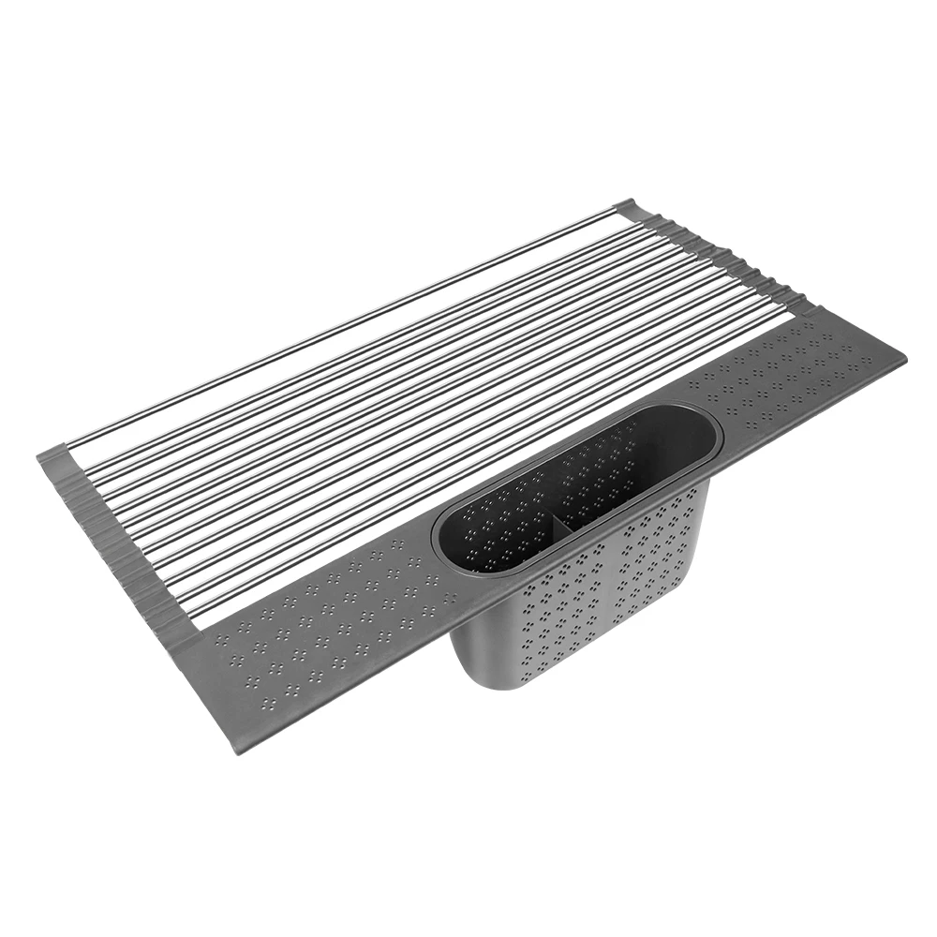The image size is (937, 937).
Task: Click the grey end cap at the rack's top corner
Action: pyautogui.click(x=625, y=208)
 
